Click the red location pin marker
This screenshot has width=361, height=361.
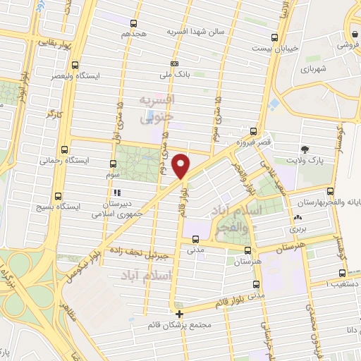tap(182, 166)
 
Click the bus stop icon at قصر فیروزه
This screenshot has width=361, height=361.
tap(254, 130)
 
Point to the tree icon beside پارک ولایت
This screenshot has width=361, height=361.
tap(305, 149)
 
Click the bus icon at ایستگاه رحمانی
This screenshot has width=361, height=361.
tap(65, 149)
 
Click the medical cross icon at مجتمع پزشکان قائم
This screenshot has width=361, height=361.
tap(180, 314)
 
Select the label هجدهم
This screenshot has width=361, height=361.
tap(134, 33)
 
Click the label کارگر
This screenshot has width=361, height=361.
tap(54, 113)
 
